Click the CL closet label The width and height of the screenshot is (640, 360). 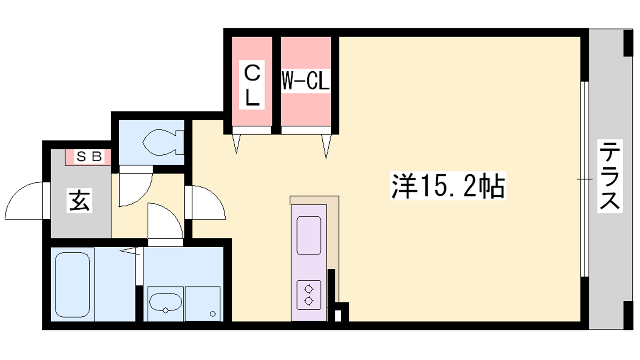(252, 85)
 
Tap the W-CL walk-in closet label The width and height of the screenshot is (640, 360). (306, 81)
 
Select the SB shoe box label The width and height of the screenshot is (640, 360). (89, 156)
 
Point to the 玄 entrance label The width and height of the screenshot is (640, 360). (80, 200)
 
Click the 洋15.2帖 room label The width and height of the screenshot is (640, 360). (448, 186)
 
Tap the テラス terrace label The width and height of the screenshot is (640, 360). (610, 176)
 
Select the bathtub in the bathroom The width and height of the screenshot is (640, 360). (72, 285)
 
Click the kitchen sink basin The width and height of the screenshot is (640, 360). (309, 236)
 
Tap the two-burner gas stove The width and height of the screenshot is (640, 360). (309, 295)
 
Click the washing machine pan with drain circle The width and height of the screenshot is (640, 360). (202, 304)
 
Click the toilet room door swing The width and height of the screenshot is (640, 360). (135, 186)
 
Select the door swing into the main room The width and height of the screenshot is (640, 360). (206, 202)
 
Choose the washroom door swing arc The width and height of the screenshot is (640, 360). (165, 220)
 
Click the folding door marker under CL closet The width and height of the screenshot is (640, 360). (236, 144)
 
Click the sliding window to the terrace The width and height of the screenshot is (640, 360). (584, 179)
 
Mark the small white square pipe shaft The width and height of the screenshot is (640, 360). (338, 317)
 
